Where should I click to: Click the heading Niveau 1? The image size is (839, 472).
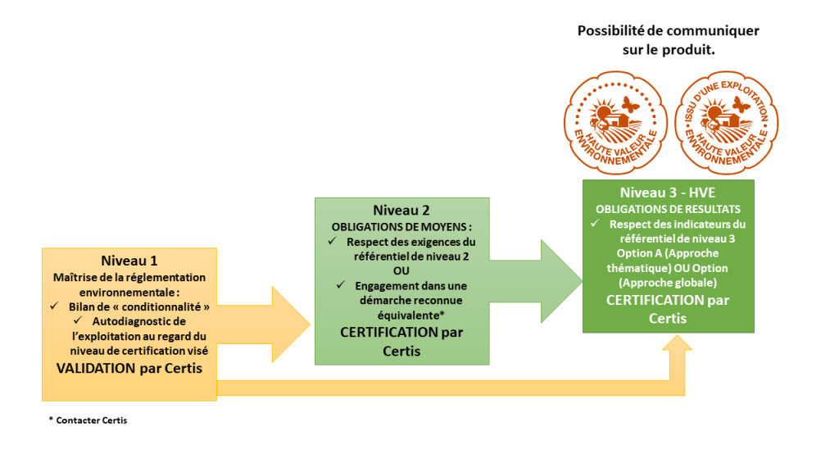coord(129,261)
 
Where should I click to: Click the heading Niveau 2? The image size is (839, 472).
coord(401,210)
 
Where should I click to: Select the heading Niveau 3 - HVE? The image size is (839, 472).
coord(668,193)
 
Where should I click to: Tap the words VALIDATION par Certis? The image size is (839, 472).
coord(129,368)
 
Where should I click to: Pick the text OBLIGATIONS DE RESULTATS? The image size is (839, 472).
coord(667,209)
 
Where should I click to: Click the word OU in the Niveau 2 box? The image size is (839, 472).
coord(401,270)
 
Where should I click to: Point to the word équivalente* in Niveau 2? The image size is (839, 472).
coord(401,315)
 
